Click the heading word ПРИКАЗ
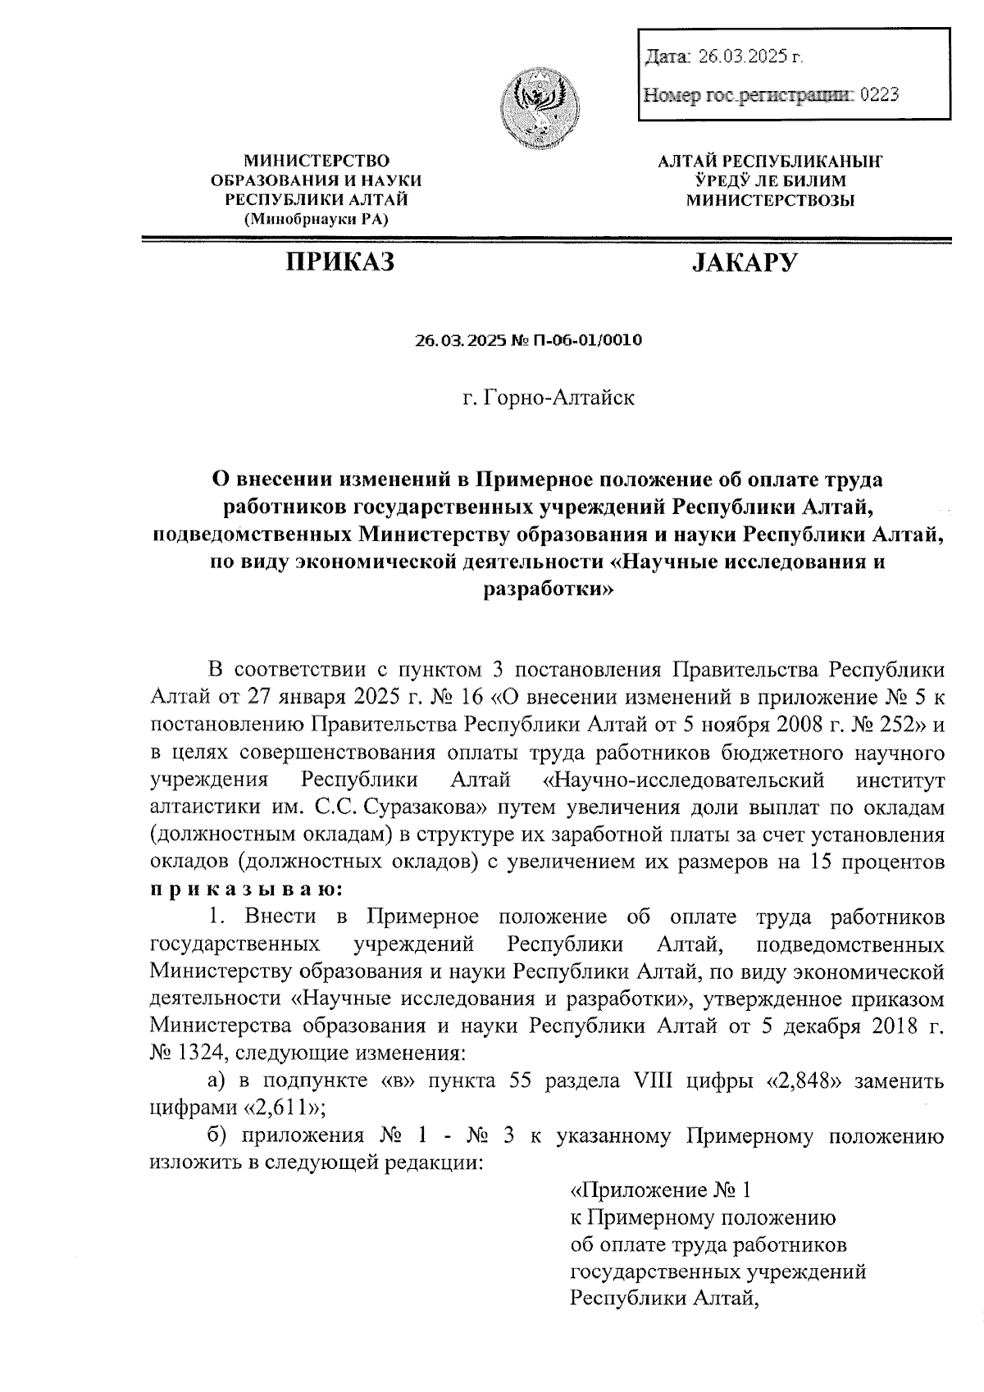[x=339, y=262]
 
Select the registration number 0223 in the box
[x=879, y=95]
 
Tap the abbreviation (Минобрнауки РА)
[x=317, y=219]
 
